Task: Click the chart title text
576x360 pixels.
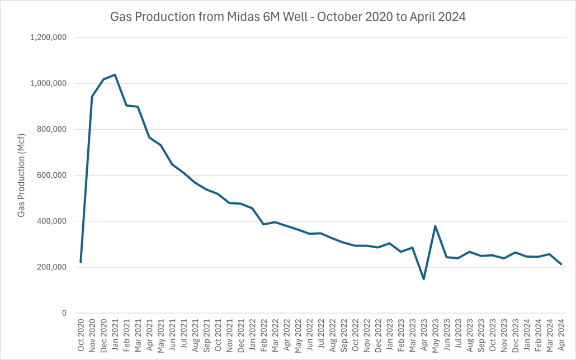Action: (288, 17)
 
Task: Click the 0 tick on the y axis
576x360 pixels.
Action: (65, 313)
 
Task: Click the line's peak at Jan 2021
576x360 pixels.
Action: (115, 74)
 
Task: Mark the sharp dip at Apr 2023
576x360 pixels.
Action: (424, 279)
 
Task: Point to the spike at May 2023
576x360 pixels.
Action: (435, 226)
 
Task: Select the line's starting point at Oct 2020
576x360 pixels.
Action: (81, 262)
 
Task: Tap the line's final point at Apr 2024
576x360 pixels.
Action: (561, 264)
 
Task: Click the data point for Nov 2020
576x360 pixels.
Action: (92, 96)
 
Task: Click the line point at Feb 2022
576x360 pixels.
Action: (264, 224)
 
